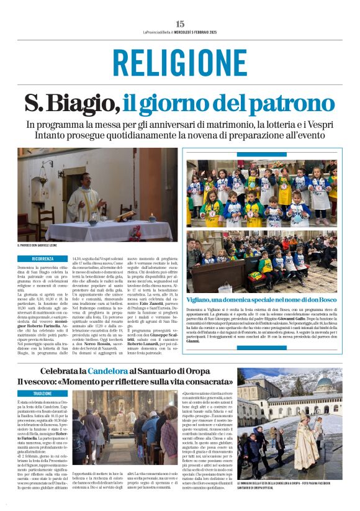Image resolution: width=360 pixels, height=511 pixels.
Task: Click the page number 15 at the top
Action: click(x=179, y=24)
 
